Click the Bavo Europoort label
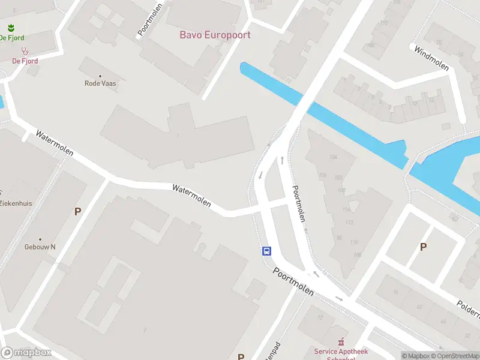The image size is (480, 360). coord(215,35)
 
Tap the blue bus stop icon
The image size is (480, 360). coord(266,251)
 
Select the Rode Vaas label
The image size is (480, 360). coord(100,83)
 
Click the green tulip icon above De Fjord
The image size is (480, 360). coord(11,28)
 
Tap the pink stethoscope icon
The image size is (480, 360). coord(25,52)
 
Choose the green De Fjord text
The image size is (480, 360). coord(12,38)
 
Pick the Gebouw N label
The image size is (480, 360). coord(40,247)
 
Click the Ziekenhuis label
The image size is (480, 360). coord(16,203)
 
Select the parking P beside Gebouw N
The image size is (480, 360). coord(77,211)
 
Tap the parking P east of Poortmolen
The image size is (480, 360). coord(423,247)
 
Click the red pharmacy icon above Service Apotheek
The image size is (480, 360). coord(341,342)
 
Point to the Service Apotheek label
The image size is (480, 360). coord(341,352)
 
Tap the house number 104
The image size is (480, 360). coord(334,157)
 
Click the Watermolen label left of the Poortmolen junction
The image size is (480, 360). coord(191,196)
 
